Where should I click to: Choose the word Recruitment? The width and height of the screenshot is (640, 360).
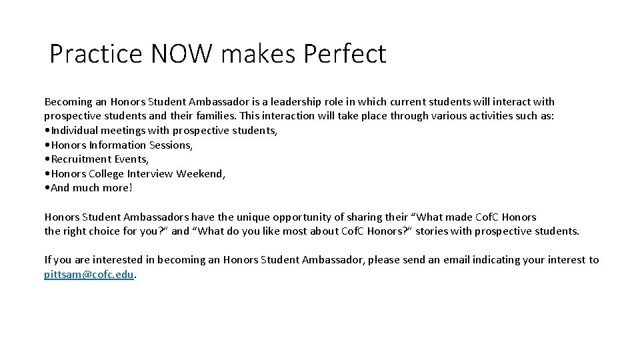(x=81, y=159)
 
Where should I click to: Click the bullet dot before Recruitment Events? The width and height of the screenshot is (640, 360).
(x=47, y=160)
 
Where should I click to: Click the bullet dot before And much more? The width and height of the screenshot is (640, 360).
(x=47, y=189)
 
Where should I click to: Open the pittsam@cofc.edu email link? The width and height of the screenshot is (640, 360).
(x=89, y=275)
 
